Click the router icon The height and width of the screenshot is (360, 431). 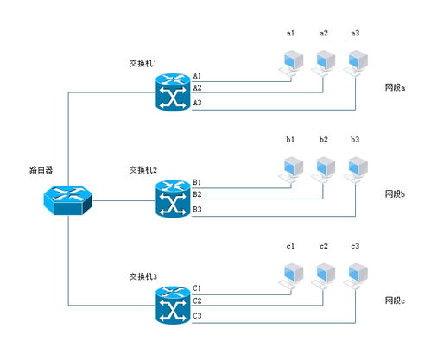[x=68, y=200]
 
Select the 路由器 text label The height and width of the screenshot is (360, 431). [x=41, y=170]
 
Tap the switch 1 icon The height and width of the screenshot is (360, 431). [x=173, y=92]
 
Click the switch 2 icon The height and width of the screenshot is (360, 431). [x=173, y=199]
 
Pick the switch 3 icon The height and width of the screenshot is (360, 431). [x=173, y=306]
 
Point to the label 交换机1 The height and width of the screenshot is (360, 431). [x=143, y=63]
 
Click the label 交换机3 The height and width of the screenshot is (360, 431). [x=143, y=276]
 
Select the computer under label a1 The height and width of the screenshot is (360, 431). [x=291, y=64]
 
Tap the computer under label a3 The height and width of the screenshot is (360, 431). [x=356, y=64]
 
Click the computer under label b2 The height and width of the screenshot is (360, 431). [x=324, y=170]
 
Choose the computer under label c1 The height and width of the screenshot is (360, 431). [x=291, y=277]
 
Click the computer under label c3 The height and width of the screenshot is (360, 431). [x=356, y=277]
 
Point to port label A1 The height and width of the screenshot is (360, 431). [x=197, y=76]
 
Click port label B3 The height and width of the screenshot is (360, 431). [x=197, y=209]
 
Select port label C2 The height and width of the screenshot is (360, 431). [x=197, y=301]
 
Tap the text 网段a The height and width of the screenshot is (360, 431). [x=395, y=87]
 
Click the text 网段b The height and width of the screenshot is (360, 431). [x=395, y=194]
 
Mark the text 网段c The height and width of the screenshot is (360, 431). [x=395, y=300]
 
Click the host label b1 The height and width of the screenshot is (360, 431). [x=290, y=140]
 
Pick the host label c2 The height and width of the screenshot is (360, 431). [x=324, y=246]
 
